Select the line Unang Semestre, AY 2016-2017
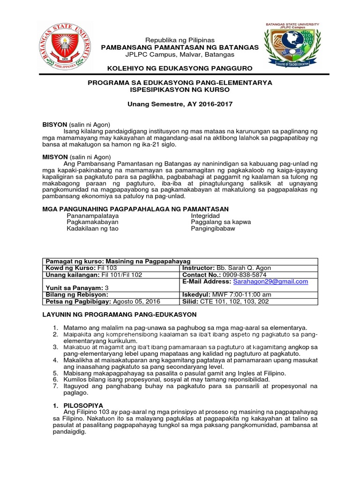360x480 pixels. [x=180, y=104]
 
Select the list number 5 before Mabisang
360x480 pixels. [x=55, y=372]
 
